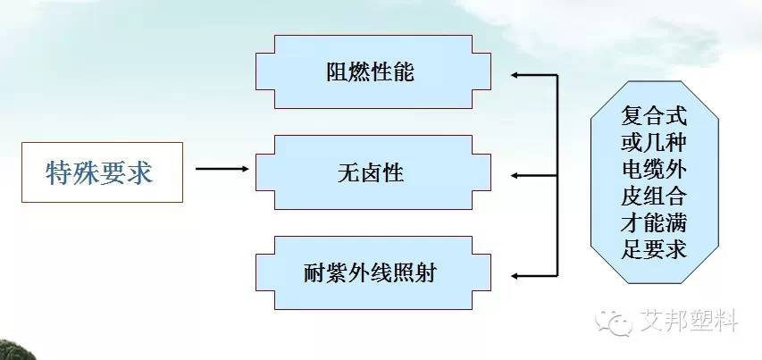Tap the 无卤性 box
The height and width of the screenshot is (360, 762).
pos(370,172)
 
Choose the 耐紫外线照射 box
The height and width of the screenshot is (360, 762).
pos(370,272)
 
